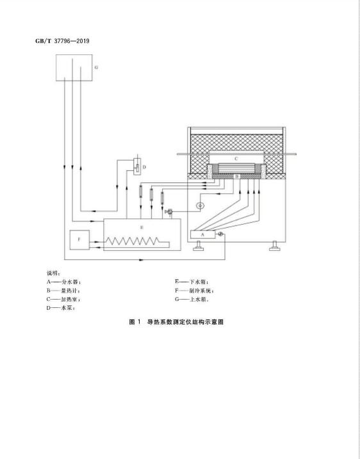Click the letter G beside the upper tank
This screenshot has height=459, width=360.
[x=96, y=68]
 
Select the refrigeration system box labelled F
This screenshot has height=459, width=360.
[x=79, y=240]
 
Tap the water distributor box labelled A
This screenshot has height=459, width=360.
[x=202, y=234]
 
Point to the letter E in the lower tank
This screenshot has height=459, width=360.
[x=142, y=227]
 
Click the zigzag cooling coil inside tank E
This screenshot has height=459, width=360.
[x=137, y=241]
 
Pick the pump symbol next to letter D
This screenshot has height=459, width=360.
[x=137, y=167]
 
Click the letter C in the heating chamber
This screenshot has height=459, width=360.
[x=236, y=159]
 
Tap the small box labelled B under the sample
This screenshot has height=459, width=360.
[x=237, y=177]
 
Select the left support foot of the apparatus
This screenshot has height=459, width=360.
[x=199, y=246]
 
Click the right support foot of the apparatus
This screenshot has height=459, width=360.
[x=275, y=246]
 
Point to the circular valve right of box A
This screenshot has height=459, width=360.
[x=220, y=234]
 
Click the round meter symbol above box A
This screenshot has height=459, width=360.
[x=200, y=206]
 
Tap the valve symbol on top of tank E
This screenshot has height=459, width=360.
[x=169, y=212]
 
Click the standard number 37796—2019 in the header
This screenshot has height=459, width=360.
[x=72, y=41]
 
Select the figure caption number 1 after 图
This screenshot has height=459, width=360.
[x=140, y=322]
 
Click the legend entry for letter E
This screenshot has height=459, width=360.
[x=192, y=282]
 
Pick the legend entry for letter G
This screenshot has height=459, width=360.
[x=192, y=300]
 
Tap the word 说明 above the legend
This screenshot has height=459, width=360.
[x=53, y=273]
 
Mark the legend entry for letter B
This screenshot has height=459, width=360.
[x=63, y=291]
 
